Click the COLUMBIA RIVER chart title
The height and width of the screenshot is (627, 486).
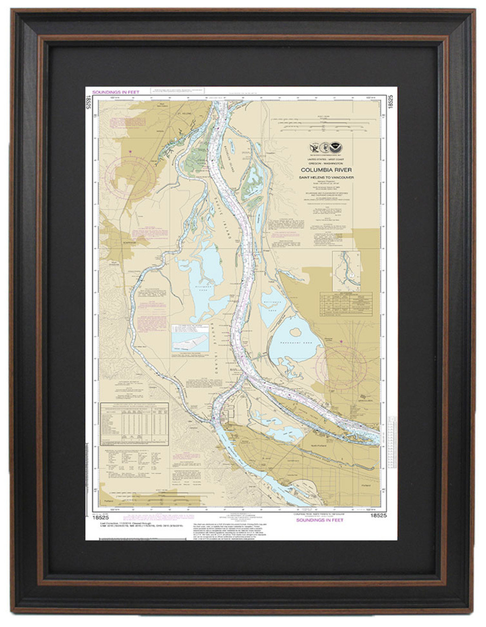(x=326, y=170)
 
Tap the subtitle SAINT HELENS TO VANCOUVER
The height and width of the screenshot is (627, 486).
(x=326, y=177)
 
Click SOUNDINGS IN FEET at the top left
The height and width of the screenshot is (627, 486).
(x=116, y=92)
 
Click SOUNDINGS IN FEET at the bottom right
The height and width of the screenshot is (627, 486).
(x=320, y=520)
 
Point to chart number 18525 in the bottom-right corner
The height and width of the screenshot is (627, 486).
(x=378, y=515)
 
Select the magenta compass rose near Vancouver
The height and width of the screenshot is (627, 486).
(x=341, y=367)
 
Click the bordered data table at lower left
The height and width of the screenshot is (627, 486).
(x=134, y=424)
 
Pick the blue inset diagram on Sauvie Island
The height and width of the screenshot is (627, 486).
(x=190, y=338)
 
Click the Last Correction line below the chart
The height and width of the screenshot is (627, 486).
(x=122, y=523)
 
